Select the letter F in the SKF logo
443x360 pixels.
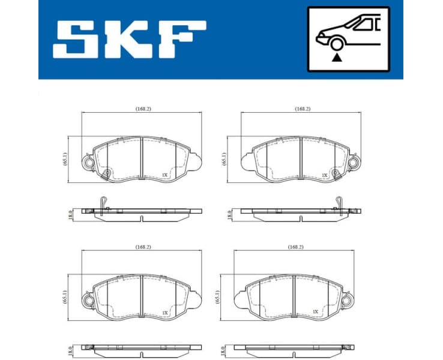pyautogui.click(x=181, y=40)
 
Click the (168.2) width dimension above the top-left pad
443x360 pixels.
pyautogui.click(x=142, y=109)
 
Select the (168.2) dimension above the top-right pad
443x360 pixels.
pyautogui.click(x=302, y=109)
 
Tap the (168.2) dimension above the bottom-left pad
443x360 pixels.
pyautogui.click(x=142, y=247)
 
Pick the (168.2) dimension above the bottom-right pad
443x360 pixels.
pyautogui.click(x=295, y=247)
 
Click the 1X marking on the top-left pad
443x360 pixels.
pyautogui.click(x=164, y=175)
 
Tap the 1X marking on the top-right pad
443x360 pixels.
pyautogui.click(x=324, y=175)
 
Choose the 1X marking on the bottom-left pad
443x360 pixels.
pyautogui.click(x=164, y=313)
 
